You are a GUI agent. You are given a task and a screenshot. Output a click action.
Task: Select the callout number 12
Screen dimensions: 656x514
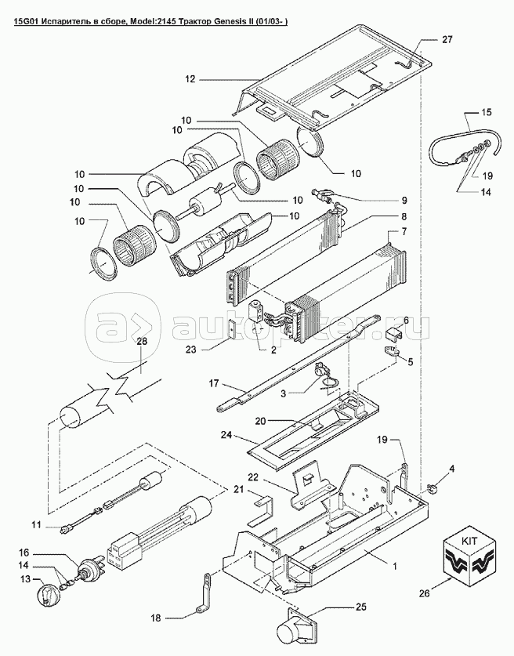pyautogui.click(x=189, y=78)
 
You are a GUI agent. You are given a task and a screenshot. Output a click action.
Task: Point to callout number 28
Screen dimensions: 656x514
pyautogui.click(x=141, y=341)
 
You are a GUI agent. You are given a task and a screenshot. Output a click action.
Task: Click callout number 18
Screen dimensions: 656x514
pyautogui.click(x=155, y=618)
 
